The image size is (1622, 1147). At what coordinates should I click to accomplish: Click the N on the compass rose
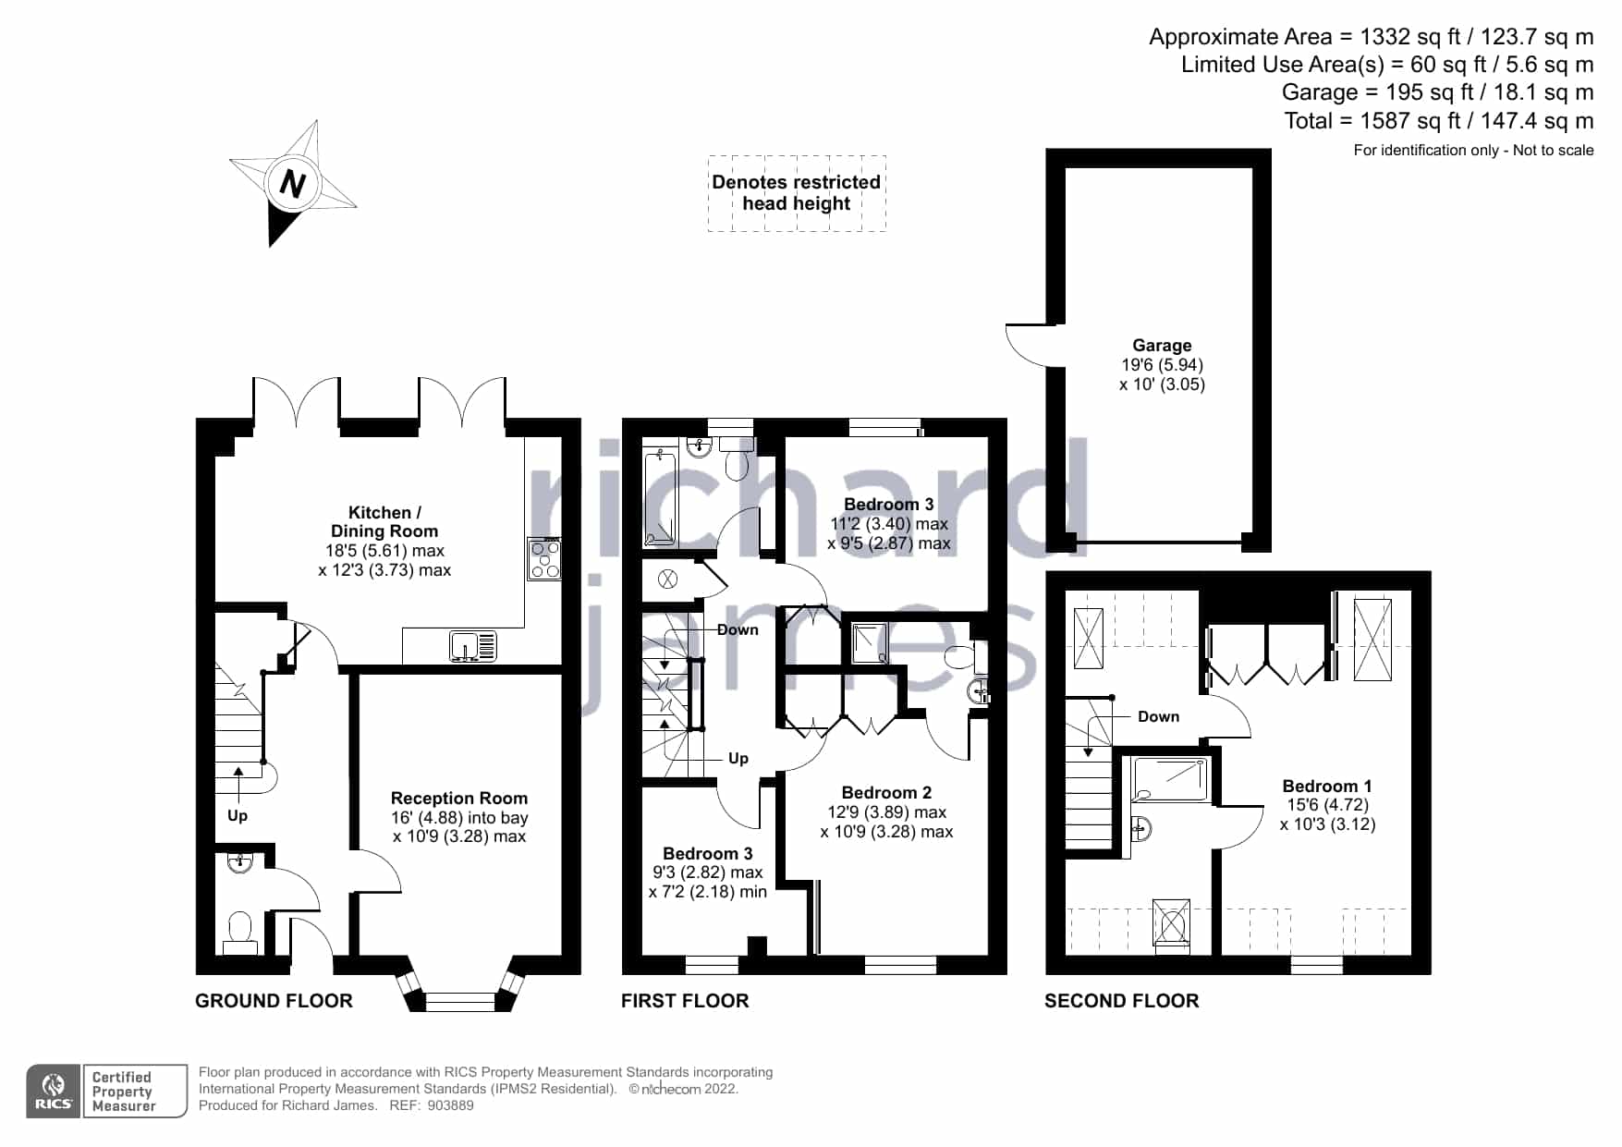coord(293,183)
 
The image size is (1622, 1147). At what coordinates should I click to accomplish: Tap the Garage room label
coord(1162,346)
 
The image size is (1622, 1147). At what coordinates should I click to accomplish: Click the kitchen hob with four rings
coord(545,559)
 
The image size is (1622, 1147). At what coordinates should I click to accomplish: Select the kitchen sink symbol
coord(473,645)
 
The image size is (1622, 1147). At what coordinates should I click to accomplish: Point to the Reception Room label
coord(459,799)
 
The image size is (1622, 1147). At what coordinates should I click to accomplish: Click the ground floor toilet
coord(240,933)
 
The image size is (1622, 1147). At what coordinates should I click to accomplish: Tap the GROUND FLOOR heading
coord(274,1001)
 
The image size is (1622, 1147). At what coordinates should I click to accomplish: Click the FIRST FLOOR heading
coord(685,1001)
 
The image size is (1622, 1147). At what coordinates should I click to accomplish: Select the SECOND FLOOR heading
coord(1122,1001)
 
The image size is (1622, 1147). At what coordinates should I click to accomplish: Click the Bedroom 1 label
coord(1327,787)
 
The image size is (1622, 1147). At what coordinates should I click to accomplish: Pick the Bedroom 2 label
coord(886,793)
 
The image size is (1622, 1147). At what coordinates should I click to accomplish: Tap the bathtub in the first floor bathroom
coord(660,497)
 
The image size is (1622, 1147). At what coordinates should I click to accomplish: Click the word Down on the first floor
coord(738,630)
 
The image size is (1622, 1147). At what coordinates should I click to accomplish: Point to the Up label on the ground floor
coord(238,816)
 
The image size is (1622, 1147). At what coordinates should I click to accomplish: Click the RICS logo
coord(55,1092)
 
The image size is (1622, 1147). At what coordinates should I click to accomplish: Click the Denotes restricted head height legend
coord(797,193)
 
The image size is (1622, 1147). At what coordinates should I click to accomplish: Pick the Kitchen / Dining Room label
coord(384,522)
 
